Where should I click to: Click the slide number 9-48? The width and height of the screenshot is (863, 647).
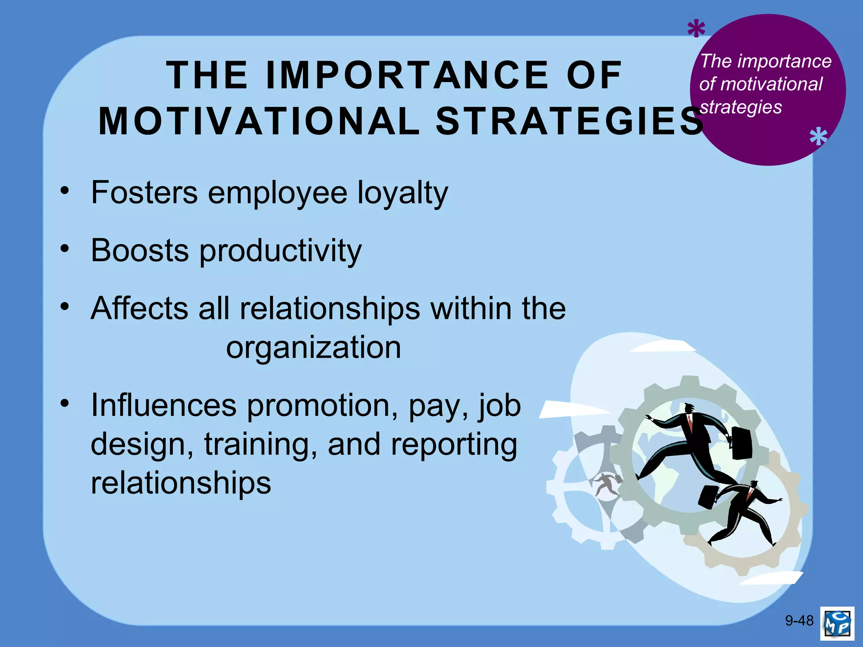[x=799, y=620]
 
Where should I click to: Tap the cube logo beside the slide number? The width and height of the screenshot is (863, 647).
[x=837, y=623]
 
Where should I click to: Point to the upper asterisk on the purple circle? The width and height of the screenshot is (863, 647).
[x=696, y=29]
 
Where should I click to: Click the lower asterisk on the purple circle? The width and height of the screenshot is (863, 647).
[x=818, y=137]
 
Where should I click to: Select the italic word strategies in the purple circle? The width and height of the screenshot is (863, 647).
[x=741, y=107]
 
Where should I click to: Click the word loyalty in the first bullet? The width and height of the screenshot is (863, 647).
[x=403, y=193]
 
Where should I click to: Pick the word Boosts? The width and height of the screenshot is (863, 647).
[x=140, y=250]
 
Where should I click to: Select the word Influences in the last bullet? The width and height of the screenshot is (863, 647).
[x=163, y=405]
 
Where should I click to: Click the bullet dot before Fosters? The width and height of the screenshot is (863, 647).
[x=64, y=190]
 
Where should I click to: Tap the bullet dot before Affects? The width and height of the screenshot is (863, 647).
[x=64, y=306]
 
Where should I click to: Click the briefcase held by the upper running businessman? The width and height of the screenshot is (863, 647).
[x=742, y=443]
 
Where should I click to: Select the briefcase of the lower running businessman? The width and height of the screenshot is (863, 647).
[x=709, y=497]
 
